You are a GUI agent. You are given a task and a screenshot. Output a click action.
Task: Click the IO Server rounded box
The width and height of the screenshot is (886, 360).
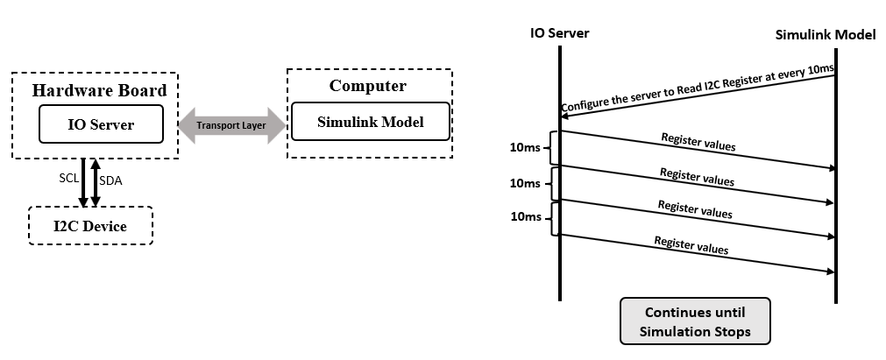tap(101, 124)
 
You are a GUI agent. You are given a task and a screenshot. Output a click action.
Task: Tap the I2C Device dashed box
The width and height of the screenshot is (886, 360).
tap(90, 226)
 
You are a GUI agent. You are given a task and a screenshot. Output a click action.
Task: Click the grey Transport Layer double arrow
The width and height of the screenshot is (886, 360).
tap(231, 125)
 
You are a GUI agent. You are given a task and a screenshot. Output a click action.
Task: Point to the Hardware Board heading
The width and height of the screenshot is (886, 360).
tap(99, 90)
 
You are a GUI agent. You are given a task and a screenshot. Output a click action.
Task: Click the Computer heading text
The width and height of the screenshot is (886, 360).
tap(367, 86)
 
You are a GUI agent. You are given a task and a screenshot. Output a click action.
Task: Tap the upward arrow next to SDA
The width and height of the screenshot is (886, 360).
tap(96, 182)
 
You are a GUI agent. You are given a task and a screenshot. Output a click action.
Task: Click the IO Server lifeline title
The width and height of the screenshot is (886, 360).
tap(559, 33)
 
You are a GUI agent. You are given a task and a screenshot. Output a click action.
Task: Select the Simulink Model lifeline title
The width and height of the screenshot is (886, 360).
tap(826, 35)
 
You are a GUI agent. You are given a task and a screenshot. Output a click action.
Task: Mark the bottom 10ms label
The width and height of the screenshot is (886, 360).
tap(524, 216)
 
